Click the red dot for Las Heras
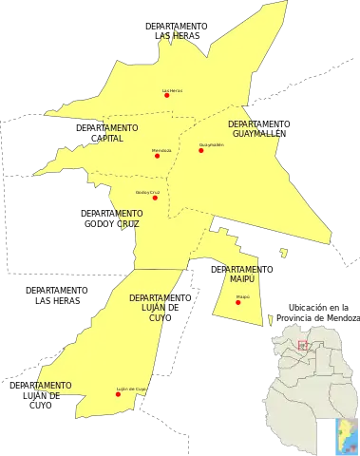click(x=167, y=95)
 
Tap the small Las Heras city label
click(x=172, y=89)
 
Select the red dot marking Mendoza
click(x=157, y=155)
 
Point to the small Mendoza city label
click(x=162, y=149)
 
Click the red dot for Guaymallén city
click(x=201, y=150)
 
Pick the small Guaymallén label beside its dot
click(x=211, y=144)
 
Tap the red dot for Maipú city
click(x=238, y=302)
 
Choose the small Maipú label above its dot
click(x=243, y=296)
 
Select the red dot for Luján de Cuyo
click(x=118, y=394)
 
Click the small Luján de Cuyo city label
click(x=131, y=389)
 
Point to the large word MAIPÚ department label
click(x=244, y=280)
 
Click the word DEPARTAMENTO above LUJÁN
click(x=154, y=297)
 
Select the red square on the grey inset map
click(x=303, y=346)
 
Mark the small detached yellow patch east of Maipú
click(x=282, y=252)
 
